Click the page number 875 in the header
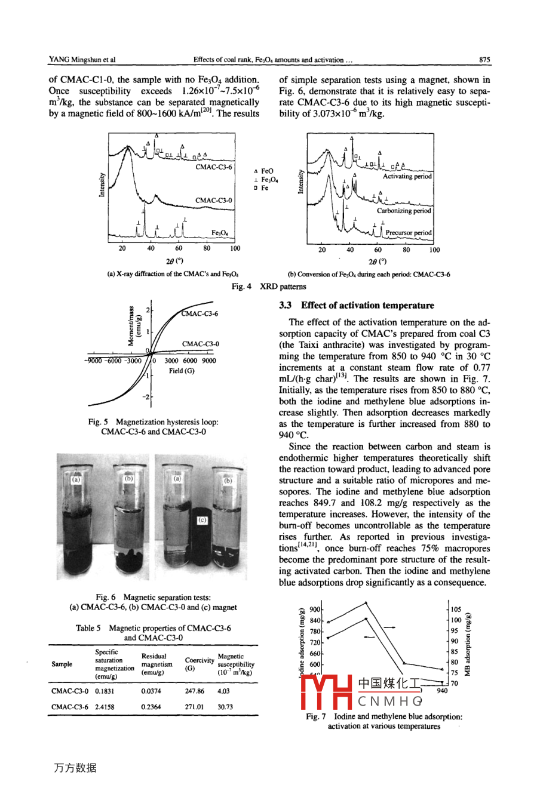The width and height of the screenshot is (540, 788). (x=484, y=60)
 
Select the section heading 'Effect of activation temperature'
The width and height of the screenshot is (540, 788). (x=367, y=305)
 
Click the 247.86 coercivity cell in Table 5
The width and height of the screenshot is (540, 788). (x=195, y=691)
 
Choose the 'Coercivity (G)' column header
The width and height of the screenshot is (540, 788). (x=199, y=664)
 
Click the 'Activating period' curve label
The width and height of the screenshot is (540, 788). (x=407, y=176)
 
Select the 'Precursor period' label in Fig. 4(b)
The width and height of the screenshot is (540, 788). (x=409, y=233)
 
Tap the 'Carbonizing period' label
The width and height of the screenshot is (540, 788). (x=404, y=211)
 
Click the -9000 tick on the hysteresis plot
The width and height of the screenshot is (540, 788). (x=94, y=361)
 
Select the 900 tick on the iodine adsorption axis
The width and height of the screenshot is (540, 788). (x=315, y=610)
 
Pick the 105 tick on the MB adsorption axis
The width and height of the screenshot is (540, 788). (x=456, y=610)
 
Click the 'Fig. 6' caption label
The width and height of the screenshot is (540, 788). (x=106, y=597)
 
